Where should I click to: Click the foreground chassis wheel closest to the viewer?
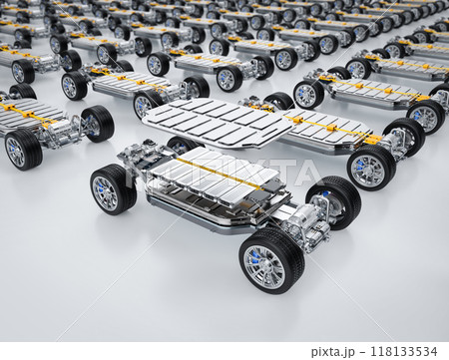(x=270, y=260)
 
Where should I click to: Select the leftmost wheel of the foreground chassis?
(x=112, y=190)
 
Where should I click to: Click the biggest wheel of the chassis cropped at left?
(x=23, y=150)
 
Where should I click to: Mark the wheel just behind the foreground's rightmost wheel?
(x=370, y=168)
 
